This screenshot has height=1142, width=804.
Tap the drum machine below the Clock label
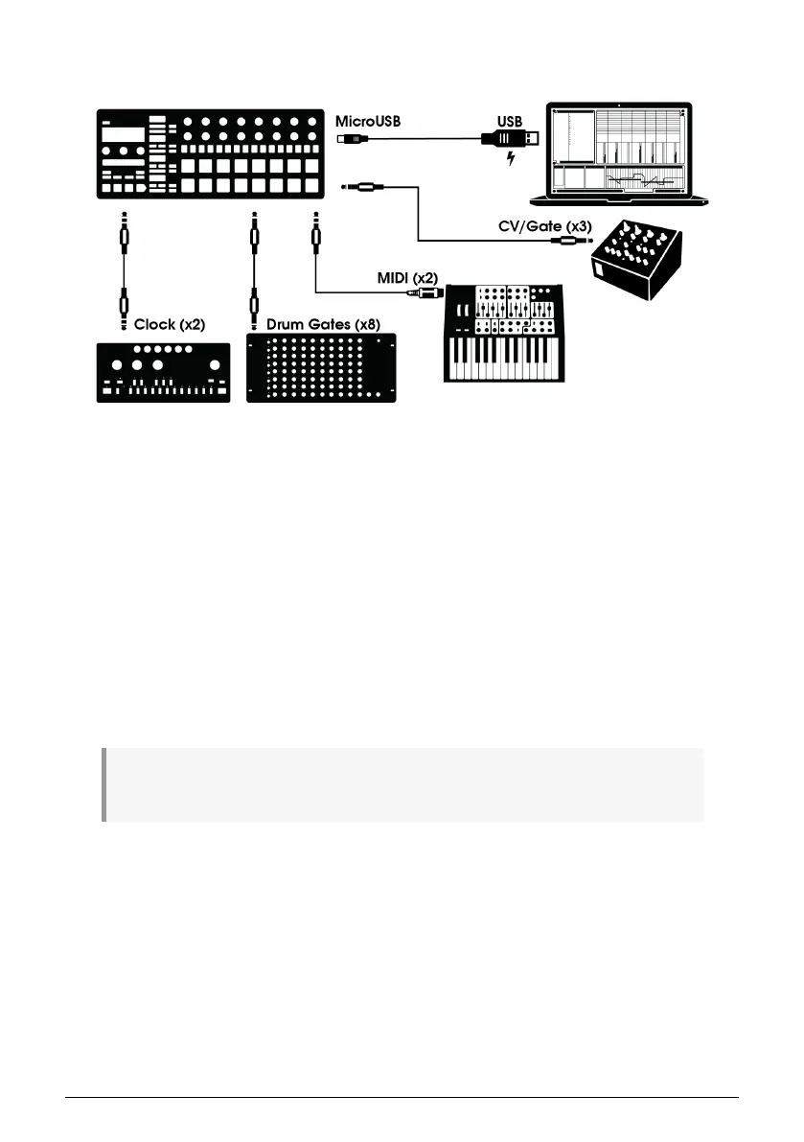[164, 372]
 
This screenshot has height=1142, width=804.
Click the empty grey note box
[402, 784]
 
